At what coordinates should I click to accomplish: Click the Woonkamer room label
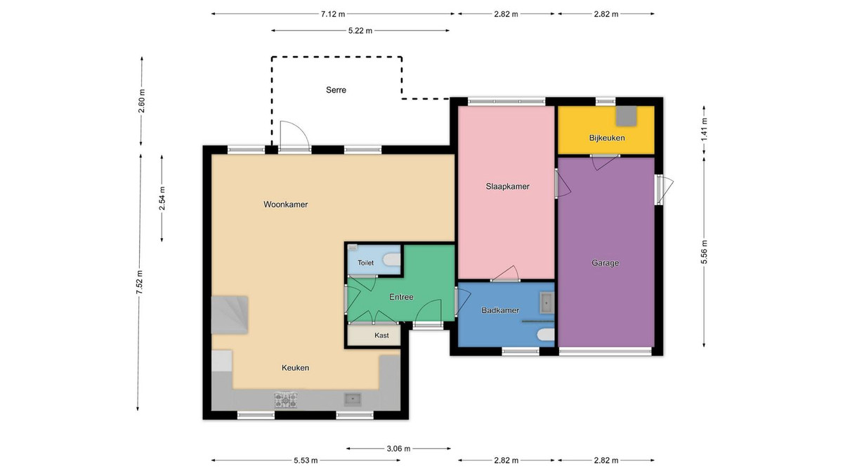[285, 204]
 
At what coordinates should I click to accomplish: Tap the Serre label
[336, 90]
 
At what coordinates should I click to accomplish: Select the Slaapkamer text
[507, 187]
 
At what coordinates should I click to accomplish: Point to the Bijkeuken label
[607, 138]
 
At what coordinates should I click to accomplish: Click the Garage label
[605, 263]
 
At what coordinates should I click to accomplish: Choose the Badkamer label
[500, 310]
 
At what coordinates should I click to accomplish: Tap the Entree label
[401, 297]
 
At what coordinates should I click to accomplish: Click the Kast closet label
[381, 335]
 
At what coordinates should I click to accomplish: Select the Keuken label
[296, 368]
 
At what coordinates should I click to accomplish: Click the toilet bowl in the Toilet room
[392, 260]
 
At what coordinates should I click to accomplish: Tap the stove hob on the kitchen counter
[286, 400]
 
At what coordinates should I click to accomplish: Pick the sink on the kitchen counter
[353, 399]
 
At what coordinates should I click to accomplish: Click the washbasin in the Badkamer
[547, 303]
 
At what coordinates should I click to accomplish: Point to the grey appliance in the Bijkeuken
[626, 116]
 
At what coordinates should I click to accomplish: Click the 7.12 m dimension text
[333, 14]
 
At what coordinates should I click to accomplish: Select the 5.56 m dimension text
[704, 252]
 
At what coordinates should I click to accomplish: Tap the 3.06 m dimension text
[398, 449]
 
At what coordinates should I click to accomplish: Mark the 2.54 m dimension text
[162, 198]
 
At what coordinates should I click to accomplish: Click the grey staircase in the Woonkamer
[230, 315]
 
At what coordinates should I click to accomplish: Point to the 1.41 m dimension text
[704, 129]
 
